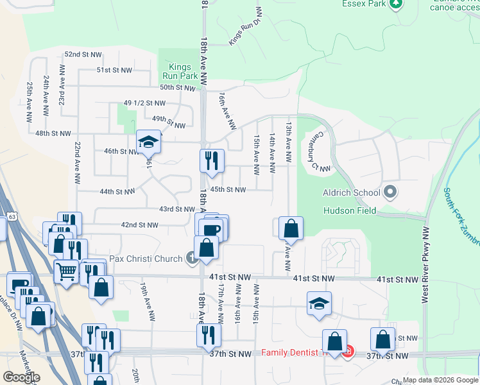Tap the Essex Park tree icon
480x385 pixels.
[397, 3]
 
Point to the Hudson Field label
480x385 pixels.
[350, 210]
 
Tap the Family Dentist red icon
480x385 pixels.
[348, 353]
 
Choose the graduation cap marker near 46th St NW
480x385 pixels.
[148, 142]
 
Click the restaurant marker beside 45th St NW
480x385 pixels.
[212, 160]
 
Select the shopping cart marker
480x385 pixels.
[66, 271]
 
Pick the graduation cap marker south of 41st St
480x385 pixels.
[319, 304]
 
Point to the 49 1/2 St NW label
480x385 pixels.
[144, 103]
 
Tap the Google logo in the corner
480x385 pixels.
[21, 377]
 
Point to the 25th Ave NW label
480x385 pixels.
[30, 101]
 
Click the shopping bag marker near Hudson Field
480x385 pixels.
[291, 228]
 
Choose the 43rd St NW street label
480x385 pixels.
[176, 209]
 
